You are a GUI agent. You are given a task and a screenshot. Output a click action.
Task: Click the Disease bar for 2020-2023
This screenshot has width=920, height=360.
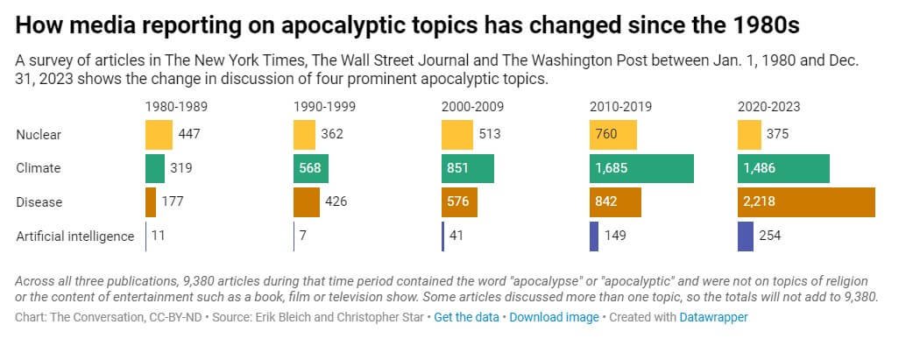(805, 201)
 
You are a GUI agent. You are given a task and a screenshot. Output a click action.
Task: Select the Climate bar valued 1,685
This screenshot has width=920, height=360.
(641, 168)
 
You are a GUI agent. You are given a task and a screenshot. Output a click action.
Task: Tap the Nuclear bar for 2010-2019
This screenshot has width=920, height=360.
(612, 135)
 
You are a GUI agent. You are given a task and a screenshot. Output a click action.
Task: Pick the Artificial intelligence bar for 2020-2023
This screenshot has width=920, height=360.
(745, 236)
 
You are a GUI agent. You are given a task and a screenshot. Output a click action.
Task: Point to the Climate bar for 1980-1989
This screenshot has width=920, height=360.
(155, 168)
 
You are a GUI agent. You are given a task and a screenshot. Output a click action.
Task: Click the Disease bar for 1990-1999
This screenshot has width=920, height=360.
(307, 201)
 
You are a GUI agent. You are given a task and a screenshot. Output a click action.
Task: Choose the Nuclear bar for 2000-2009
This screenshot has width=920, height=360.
(457, 135)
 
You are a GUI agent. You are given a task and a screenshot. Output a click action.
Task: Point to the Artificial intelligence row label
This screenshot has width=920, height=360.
(75, 236)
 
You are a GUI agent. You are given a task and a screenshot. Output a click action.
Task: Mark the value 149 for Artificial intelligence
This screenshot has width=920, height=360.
(615, 236)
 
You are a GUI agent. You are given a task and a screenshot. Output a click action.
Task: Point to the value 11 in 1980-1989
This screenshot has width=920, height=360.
(158, 236)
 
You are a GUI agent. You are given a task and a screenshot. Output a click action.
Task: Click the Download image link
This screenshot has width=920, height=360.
(554, 317)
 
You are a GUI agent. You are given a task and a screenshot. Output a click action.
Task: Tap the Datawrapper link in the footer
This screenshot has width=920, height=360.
(713, 317)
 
